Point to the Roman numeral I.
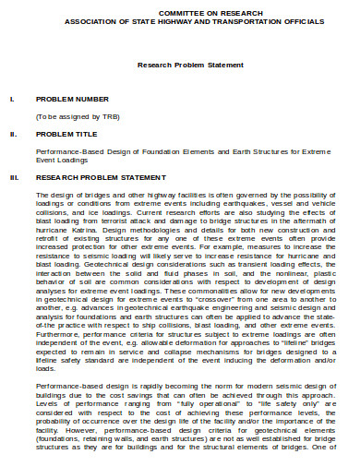[10, 97]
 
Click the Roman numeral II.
[12, 133]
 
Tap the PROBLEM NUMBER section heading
[71, 97]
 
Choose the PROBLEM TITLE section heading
[66, 133]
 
